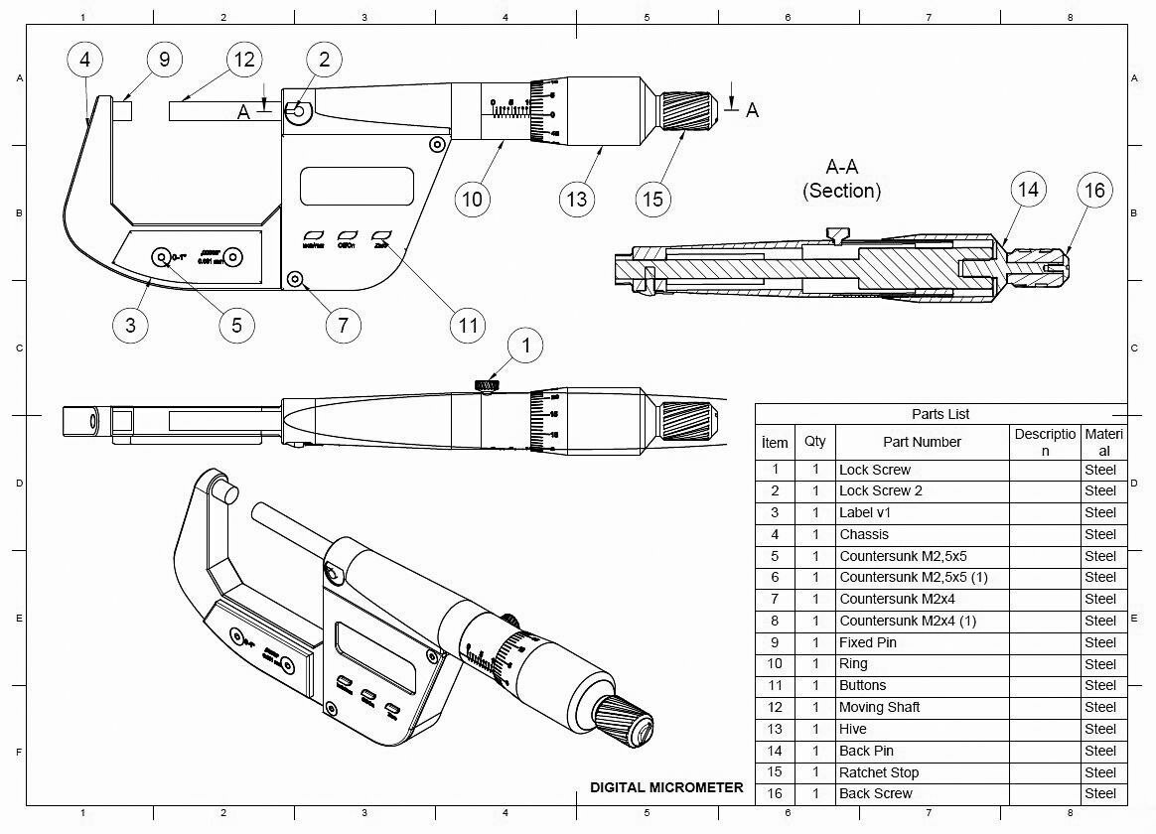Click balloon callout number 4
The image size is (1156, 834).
pyautogui.click(x=84, y=60)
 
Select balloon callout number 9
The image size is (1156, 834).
pyautogui.click(x=164, y=60)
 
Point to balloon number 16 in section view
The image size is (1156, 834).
pyautogui.click(x=1094, y=190)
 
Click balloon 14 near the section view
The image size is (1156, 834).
pyautogui.click(x=1028, y=189)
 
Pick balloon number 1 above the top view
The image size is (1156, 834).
pyautogui.click(x=525, y=345)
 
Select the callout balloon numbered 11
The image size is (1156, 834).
pyautogui.click(x=468, y=324)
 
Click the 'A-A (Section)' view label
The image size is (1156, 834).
pyautogui.click(x=841, y=179)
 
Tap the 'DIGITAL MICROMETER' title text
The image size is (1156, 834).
pyautogui.click(x=666, y=787)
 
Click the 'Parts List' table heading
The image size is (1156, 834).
pyautogui.click(x=939, y=414)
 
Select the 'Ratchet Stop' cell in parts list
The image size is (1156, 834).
pyautogui.click(x=879, y=772)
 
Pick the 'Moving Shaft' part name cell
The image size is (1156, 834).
pyautogui.click(x=879, y=707)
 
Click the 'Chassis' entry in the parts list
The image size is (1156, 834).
pyautogui.click(x=864, y=534)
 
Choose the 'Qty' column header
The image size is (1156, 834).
pyautogui.click(x=814, y=442)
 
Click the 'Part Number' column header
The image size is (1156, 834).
pyautogui.click(x=922, y=442)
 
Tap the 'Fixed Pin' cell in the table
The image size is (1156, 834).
pyautogui.click(x=868, y=642)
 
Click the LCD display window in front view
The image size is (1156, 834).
pyautogui.click(x=357, y=186)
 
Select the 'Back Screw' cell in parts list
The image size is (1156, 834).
pyautogui.click(x=875, y=793)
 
